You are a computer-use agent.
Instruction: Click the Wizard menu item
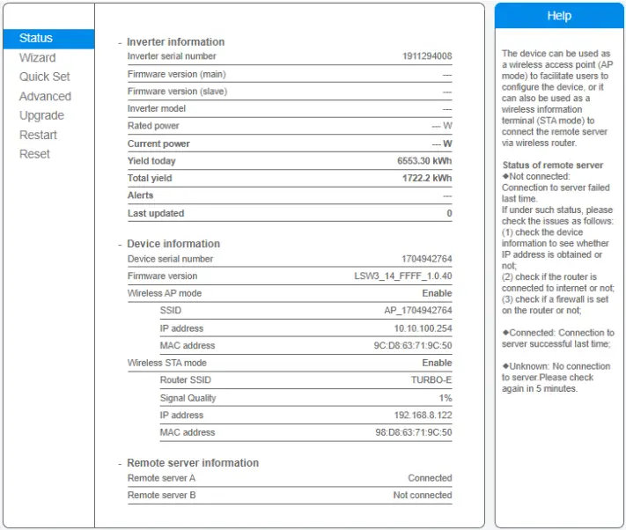(x=37, y=57)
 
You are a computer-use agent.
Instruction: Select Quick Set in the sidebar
(x=45, y=77)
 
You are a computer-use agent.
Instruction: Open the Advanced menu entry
(x=45, y=96)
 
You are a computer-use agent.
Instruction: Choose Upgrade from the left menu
(x=41, y=115)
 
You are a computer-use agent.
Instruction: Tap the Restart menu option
(x=38, y=135)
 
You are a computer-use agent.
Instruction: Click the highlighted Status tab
(x=36, y=38)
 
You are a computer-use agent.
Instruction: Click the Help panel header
(x=559, y=16)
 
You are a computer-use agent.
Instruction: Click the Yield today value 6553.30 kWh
(x=424, y=161)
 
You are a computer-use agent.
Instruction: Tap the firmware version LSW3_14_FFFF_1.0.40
(x=403, y=276)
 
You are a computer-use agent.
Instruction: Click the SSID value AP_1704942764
(x=418, y=311)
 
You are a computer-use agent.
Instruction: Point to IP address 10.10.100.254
(x=423, y=328)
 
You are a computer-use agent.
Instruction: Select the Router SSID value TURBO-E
(x=431, y=380)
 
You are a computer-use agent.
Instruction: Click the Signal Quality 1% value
(x=446, y=398)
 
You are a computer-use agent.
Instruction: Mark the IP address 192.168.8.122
(x=423, y=415)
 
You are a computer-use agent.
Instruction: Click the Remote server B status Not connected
(x=423, y=495)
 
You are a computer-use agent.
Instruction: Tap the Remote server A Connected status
(x=430, y=478)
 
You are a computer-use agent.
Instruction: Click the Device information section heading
(x=173, y=244)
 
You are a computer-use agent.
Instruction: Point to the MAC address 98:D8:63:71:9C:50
(x=413, y=432)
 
